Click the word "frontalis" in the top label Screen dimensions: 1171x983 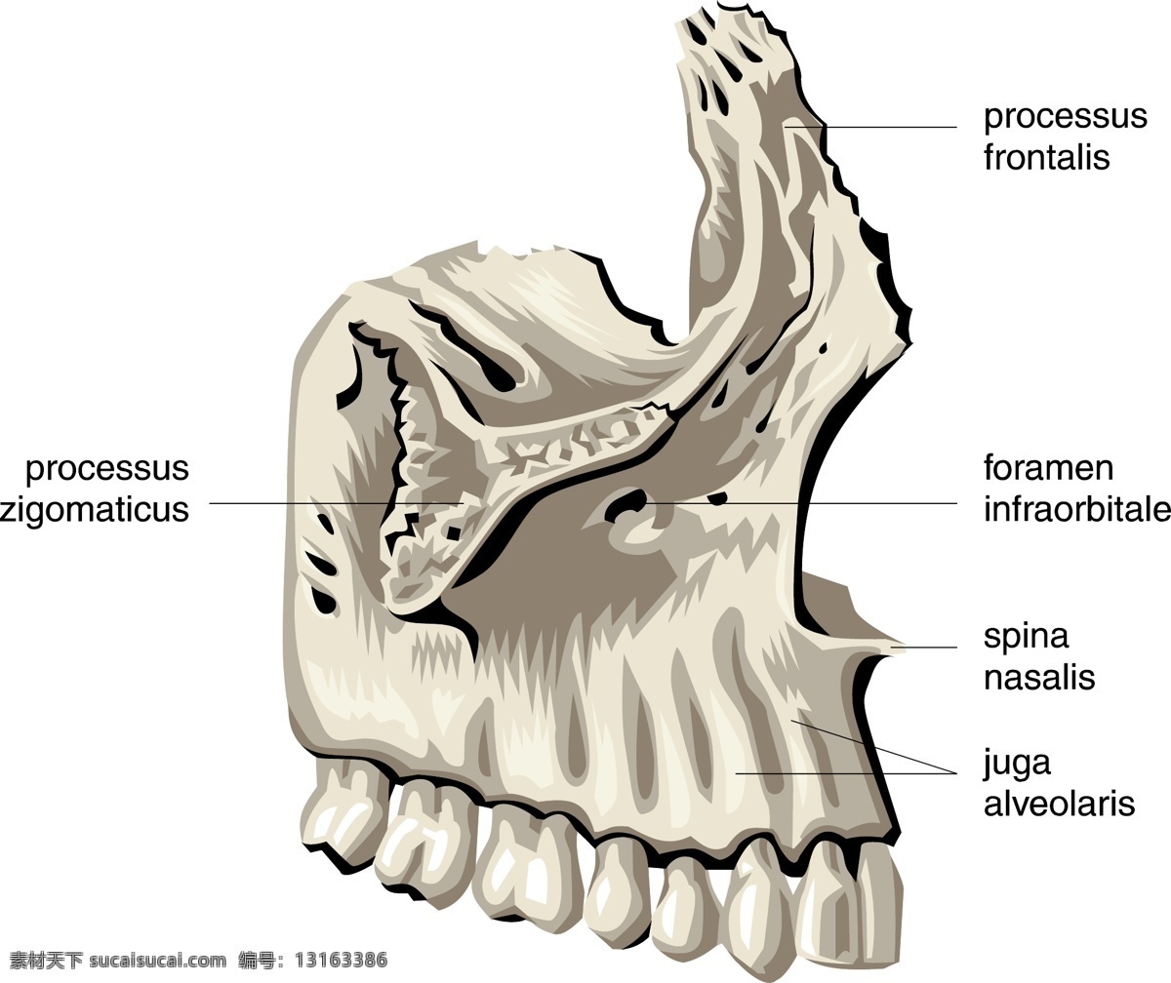tap(1046, 157)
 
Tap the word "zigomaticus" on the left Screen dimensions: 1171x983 tap(95, 510)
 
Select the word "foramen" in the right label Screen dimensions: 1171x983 tap(1048, 468)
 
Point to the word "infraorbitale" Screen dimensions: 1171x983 tap(1077, 509)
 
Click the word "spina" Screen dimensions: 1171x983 tap(1026, 637)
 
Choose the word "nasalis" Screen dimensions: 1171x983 tap(1039, 677)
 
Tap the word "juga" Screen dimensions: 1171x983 tap(1017, 765)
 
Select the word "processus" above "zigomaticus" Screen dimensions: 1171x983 tap(107, 470)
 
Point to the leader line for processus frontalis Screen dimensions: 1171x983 tap(870, 127)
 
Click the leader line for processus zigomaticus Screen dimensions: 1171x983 tap(336, 503)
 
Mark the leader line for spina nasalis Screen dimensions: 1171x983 tap(924, 648)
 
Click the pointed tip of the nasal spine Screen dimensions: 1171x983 tap(904, 649)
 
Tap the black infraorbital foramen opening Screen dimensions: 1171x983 tap(626, 502)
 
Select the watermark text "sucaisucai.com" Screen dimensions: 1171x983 tap(157, 961)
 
